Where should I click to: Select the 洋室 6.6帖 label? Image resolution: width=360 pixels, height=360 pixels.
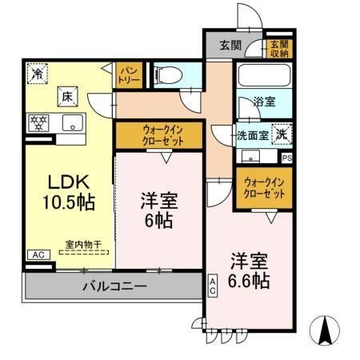click(247, 271)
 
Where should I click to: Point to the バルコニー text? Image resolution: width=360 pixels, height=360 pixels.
click(113, 286)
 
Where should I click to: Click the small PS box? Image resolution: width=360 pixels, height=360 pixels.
click(287, 158)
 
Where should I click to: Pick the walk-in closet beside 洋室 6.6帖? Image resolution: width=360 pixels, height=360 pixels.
click(263, 189)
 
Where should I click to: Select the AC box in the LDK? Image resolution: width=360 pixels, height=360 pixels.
click(36, 254)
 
